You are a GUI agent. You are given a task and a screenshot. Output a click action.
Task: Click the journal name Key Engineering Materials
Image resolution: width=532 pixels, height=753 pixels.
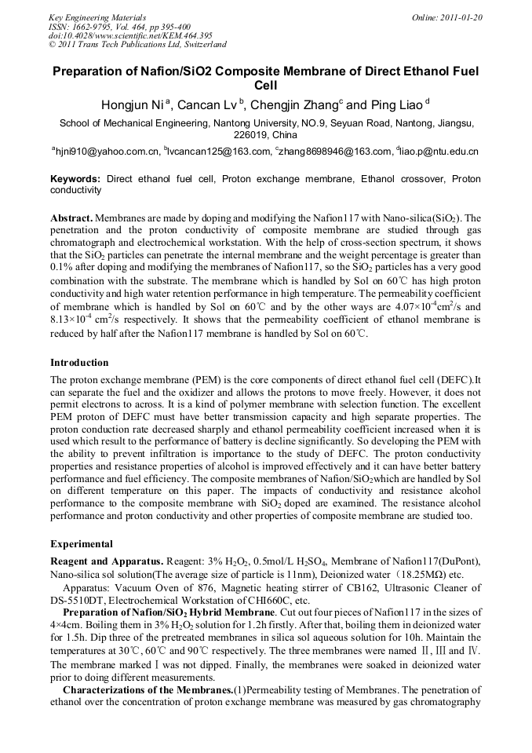click(x=97, y=17)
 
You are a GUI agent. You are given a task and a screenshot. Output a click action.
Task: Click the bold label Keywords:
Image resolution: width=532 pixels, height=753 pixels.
click(x=75, y=179)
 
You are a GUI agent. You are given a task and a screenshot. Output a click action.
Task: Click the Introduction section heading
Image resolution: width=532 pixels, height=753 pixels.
click(x=79, y=363)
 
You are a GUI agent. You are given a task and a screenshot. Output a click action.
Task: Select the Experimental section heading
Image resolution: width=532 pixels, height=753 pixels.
click(x=82, y=544)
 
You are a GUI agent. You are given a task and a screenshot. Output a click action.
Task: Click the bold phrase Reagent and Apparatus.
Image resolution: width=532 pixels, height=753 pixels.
click(x=106, y=561)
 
